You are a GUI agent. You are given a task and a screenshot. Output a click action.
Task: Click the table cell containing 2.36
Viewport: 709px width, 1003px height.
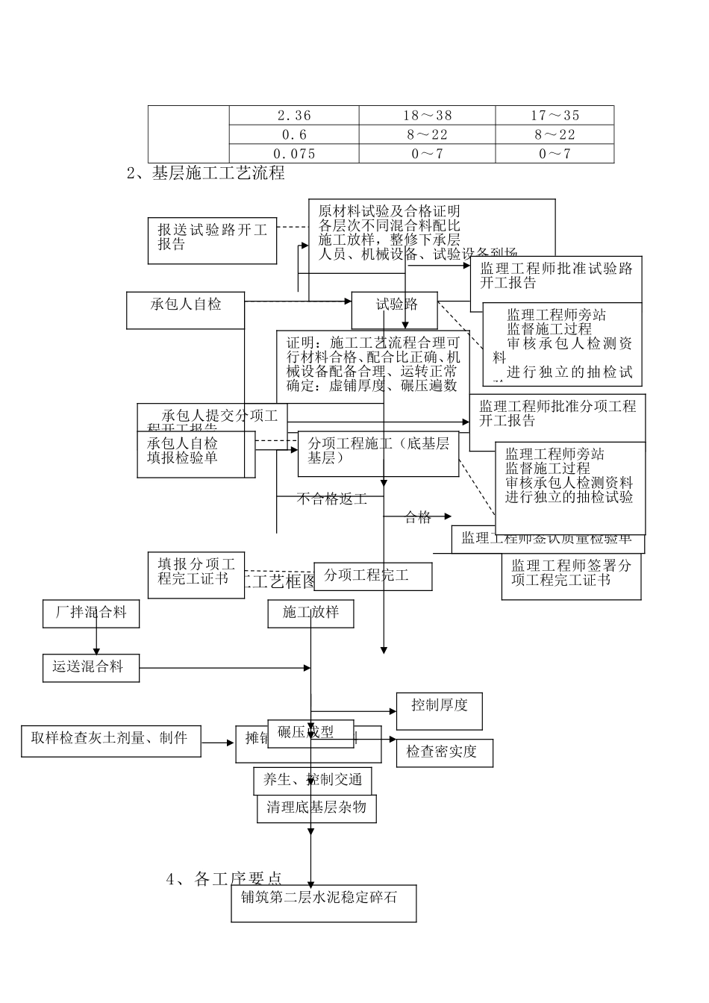pyautogui.click(x=294, y=115)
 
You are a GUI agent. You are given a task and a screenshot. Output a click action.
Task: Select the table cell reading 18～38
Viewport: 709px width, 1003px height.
pyautogui.click(x=428, y=115)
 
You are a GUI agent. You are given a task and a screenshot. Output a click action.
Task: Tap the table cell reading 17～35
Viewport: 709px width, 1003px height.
pyautogui.click(x=555, y=115)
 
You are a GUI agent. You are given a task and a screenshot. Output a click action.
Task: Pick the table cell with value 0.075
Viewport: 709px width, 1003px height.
pyautogui.click(x=294, y=154)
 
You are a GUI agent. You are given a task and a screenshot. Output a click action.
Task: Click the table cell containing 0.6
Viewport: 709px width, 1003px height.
pyautogui.click(x=294, y=134)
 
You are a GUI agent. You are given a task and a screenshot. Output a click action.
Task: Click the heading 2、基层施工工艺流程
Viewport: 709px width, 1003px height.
pyautogui.click(x=206, y=173)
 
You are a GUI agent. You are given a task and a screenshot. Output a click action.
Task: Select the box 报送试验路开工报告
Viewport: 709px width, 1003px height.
pyautogui.click(x=212, y=240)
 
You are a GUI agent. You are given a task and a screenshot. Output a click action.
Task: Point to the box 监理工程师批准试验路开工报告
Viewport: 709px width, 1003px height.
pyautogui.click(x=556, y=276)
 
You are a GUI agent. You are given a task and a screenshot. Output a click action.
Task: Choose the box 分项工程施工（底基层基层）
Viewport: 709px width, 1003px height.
pyautogui.click(x=378, y=453)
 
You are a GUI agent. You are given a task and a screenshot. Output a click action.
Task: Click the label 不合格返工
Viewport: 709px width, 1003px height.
pyautogui.click(x=331, y=499)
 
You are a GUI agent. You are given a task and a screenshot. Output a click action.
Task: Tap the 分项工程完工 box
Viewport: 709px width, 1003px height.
pyautogui.click(x=372, y=576)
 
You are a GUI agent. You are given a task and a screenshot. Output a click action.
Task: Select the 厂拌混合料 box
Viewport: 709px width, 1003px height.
pyautogui.click(x=91, y=613)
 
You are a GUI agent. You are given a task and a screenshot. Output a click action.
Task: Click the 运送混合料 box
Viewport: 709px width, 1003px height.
pyautogui.click(x=91, y=667)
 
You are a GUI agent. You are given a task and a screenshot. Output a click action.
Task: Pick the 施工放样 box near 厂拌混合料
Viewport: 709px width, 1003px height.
pyautogui.click(x=310, y=613)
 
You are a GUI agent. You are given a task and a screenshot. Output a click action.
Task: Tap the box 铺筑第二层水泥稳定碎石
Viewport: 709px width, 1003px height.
pyautogui.click(x=323, y=903)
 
